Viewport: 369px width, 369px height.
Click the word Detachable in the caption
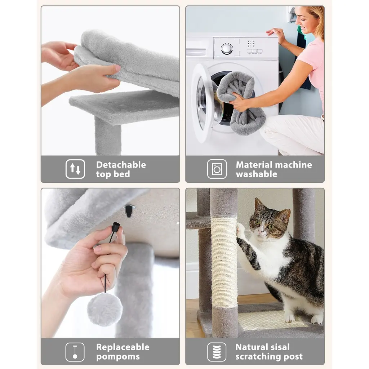click(121, 165)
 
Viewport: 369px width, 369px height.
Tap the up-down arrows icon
click(75, 169)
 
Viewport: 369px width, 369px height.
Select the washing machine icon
click(217, 169)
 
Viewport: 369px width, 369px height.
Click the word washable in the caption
click(257, 174)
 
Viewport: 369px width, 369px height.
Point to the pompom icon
click(75, 352)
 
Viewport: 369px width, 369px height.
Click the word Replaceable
click(123, 347)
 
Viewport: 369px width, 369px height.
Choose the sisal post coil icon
click(217, 352)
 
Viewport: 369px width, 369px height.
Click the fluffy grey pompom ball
click(105, 310)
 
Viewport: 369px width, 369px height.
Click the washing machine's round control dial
click(227, 49)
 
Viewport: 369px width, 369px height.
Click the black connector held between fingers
click(116, 228)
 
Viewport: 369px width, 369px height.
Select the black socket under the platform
click(129, 210)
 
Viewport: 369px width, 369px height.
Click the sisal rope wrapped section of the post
click(224, 262)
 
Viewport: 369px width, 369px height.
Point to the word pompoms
click(118, 357)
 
